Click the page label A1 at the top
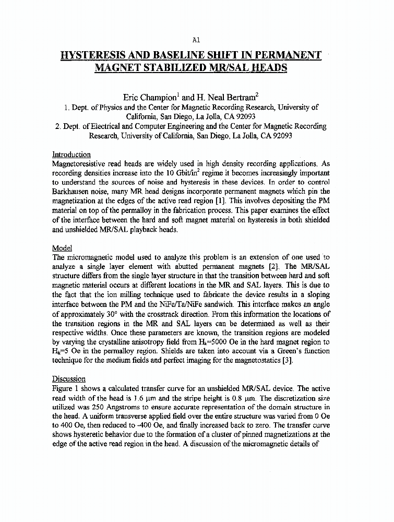[x=196, y=39]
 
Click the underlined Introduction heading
[x=71, y=155]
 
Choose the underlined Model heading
[x=62, y=248]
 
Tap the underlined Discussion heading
[x=69, y=378]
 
